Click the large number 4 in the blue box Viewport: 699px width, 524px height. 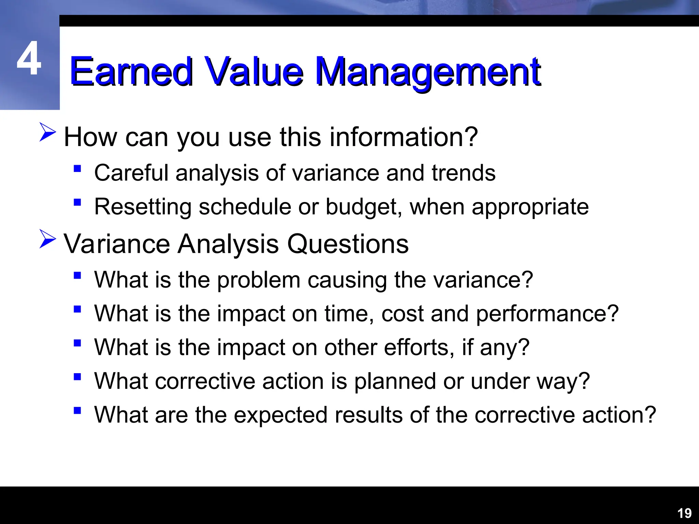[x=29, y=59]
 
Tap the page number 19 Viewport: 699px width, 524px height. [x=684, y=513]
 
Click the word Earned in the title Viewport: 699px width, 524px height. [x=131, y=72]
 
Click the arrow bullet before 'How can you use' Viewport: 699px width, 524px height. [x=47, y=132]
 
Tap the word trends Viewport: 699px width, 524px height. [x=463, y=173]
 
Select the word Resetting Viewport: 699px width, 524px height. [x=143, y=207]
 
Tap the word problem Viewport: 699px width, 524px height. [x=258, y=280]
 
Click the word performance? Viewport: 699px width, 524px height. [x=547, y=314]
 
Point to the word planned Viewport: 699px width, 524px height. [x=395, y=381]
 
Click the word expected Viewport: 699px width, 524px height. [x=281, y=415]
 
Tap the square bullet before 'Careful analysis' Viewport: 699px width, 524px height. [x=77, y=169]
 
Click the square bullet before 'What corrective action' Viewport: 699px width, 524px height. [x=77, y=377]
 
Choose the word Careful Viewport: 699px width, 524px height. [x=131, y=173]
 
